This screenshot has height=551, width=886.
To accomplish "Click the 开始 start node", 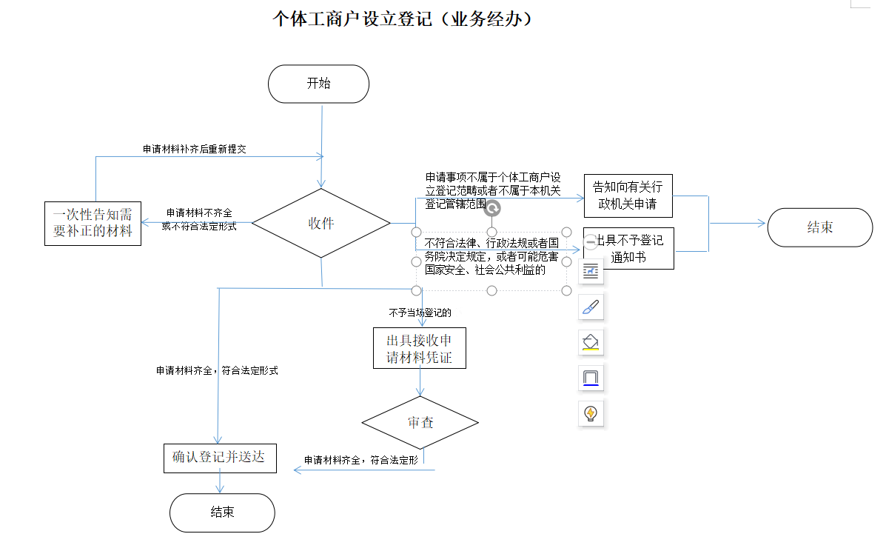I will point(318,84).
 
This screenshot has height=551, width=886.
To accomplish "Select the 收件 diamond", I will point(321,223).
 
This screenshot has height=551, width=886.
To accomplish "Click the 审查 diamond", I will point(420,422).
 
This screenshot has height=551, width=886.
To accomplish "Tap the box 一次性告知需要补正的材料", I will point(93,223).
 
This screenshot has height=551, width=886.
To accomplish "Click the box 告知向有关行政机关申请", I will point(628,195).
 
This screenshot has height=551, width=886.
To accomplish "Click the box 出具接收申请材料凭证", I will point(420,349).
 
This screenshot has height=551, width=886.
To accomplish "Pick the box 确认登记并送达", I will point(219,458).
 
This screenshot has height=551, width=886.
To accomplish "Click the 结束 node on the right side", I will point(819,227).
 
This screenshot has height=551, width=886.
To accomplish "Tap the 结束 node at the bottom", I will point(222,512).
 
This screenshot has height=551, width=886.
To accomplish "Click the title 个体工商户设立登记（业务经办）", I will point(403,19).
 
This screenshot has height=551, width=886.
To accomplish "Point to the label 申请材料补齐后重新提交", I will point(194,149).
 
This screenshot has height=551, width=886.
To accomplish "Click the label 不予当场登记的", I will point(420,313).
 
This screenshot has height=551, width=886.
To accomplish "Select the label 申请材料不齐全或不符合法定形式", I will point(198,219).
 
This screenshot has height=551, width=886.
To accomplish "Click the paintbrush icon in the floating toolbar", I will point(590,307).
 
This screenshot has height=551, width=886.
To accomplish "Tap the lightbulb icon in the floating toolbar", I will point(590,413).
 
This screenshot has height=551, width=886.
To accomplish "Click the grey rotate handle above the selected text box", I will point(492,208).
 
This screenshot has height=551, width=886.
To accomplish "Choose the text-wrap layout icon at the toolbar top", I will point(590,271).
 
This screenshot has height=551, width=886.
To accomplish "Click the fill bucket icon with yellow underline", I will point(590,342).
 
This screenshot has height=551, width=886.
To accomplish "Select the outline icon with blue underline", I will point(590,378).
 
